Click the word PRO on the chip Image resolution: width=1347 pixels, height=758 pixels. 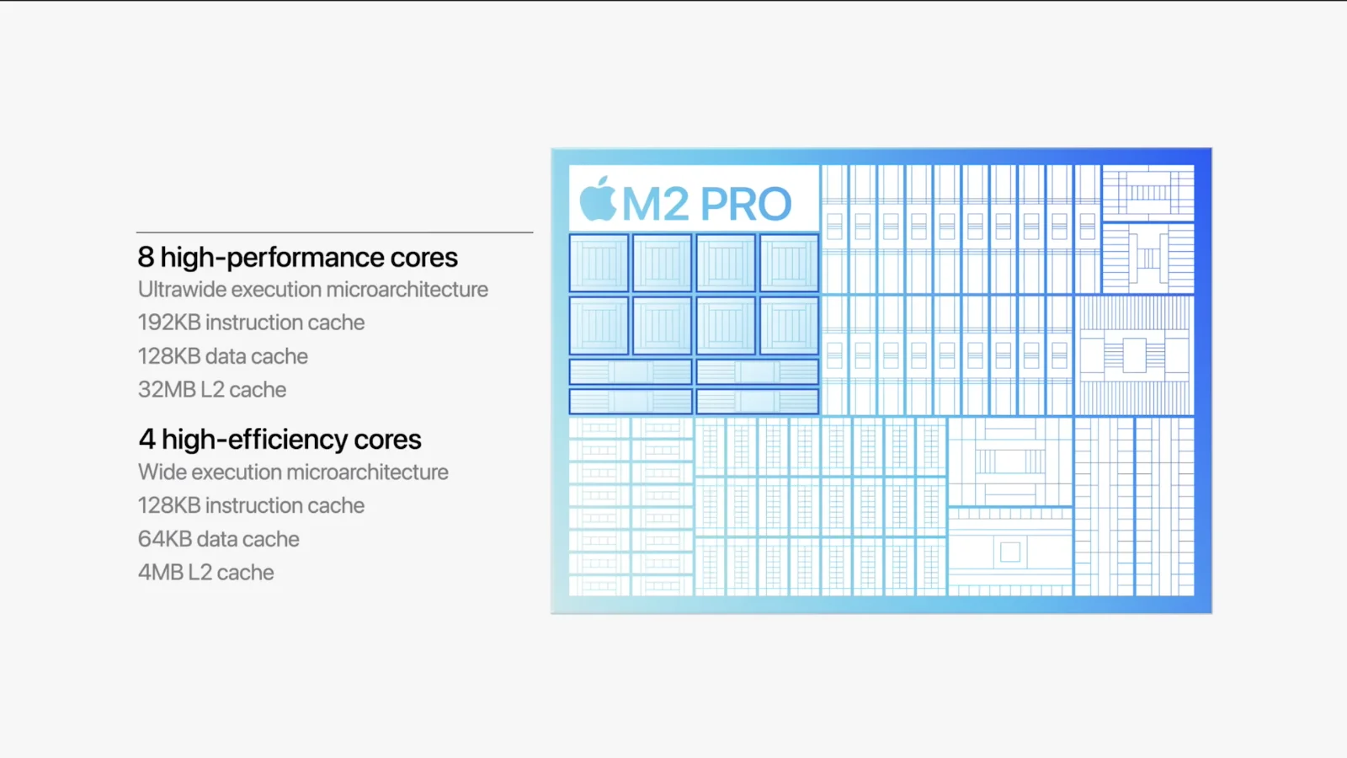[746, 204]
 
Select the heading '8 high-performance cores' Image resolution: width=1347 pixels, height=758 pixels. [298, 258]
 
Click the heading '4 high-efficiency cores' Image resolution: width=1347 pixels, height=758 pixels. [280, 440]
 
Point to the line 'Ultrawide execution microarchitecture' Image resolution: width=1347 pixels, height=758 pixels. [312, 290]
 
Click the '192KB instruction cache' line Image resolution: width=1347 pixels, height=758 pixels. [251, 323]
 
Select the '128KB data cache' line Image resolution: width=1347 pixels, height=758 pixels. [222, 356]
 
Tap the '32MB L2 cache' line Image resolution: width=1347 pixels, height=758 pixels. [211, 390]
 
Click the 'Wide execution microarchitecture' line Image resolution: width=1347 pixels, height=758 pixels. [293, 472]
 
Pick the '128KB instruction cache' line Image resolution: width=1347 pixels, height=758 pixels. [251, 505]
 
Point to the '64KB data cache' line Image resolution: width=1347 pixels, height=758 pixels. [218, 539]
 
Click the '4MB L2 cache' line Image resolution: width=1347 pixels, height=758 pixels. [205, 572]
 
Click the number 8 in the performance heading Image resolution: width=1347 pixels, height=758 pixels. [146, 258]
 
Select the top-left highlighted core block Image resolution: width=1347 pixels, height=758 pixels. [599, 264]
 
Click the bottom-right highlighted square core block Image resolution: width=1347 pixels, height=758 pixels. [789, 325]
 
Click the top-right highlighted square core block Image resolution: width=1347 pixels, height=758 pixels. [789, 264]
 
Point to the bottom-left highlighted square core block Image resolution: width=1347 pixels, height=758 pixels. [599, 325]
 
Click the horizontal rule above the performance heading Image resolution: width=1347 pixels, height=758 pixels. [334, 232]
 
